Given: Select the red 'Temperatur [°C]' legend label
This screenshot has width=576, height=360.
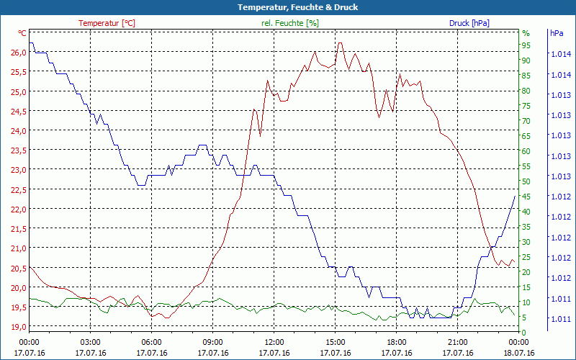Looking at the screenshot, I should click(x=107, y=23).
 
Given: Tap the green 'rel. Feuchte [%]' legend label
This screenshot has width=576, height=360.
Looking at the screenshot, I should click(x=289, y=23).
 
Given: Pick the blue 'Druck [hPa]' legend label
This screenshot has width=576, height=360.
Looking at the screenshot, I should click(x=469, y=23).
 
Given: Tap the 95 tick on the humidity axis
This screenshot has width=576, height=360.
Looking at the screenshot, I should click(x=526, y=45).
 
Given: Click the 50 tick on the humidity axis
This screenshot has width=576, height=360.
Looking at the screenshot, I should click(x=526, y=181).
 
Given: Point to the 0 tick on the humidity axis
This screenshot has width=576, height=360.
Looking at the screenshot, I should click(x=524, y=332).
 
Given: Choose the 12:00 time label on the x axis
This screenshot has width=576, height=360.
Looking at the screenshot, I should click(x=274, y=342).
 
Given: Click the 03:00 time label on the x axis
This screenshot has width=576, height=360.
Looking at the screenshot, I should click(x=90, y=342).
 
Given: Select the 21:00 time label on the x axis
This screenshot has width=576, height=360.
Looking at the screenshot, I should click(x=458, y=342).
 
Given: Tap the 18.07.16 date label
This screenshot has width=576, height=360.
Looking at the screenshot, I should click(x=519, y=353).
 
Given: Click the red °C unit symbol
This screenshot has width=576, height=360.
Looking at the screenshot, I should click(x=22, y=33).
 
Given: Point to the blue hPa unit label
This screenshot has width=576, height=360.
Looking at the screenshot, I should click(x=557, y=33).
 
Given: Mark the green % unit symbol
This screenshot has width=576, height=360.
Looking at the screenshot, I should click(x=526, y=33).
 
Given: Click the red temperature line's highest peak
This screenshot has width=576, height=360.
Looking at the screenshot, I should click(x=339, y=42).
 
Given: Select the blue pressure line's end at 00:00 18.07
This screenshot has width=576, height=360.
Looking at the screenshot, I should click(x=515, y=196).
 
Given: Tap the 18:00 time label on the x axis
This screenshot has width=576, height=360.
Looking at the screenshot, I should click(x=397, y=342).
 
